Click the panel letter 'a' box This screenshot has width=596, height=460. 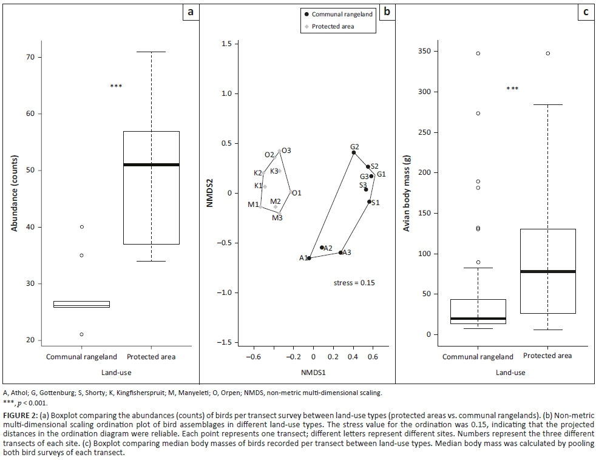pos(191,12)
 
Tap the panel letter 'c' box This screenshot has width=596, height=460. pos(585,12)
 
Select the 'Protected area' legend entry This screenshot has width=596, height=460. pos(334,27)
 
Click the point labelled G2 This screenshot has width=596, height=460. pos(353,152)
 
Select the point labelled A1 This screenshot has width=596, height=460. pos(309,258)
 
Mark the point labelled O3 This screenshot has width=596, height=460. pos(280,151)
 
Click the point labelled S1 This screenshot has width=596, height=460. pos(369,201)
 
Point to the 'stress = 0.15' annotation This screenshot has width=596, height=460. pos(354,283)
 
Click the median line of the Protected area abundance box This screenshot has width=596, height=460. pos(151,164)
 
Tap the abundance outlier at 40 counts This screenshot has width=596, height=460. pos(81,227)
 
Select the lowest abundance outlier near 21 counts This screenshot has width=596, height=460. pos(81,334)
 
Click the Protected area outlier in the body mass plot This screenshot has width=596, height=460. pos(547,53)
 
